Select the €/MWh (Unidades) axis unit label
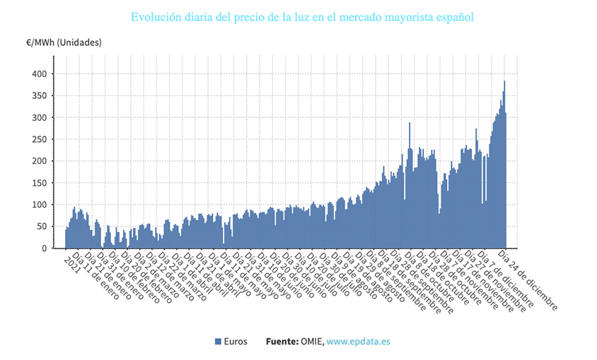click(64, 42)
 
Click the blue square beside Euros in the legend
click(218, 342)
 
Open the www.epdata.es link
click(358, 342)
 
